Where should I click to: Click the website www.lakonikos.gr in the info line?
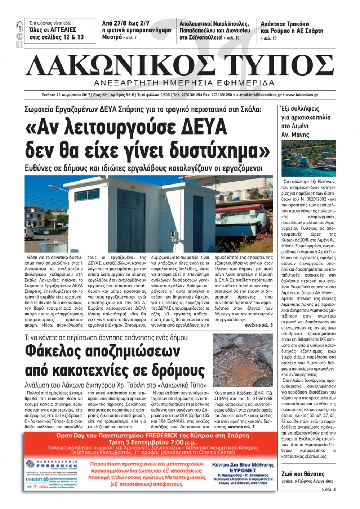pyautogui.click(x=302, y=95)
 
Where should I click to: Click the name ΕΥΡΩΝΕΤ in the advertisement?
pyautogui.click(x=243, y=470)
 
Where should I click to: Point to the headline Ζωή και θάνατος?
pyautogui.click(x=303, y=474)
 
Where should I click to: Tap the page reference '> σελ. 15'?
pyautogui.click(x=269, y=38)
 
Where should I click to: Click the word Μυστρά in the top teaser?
pyautogui.click(x=112, y=37)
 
